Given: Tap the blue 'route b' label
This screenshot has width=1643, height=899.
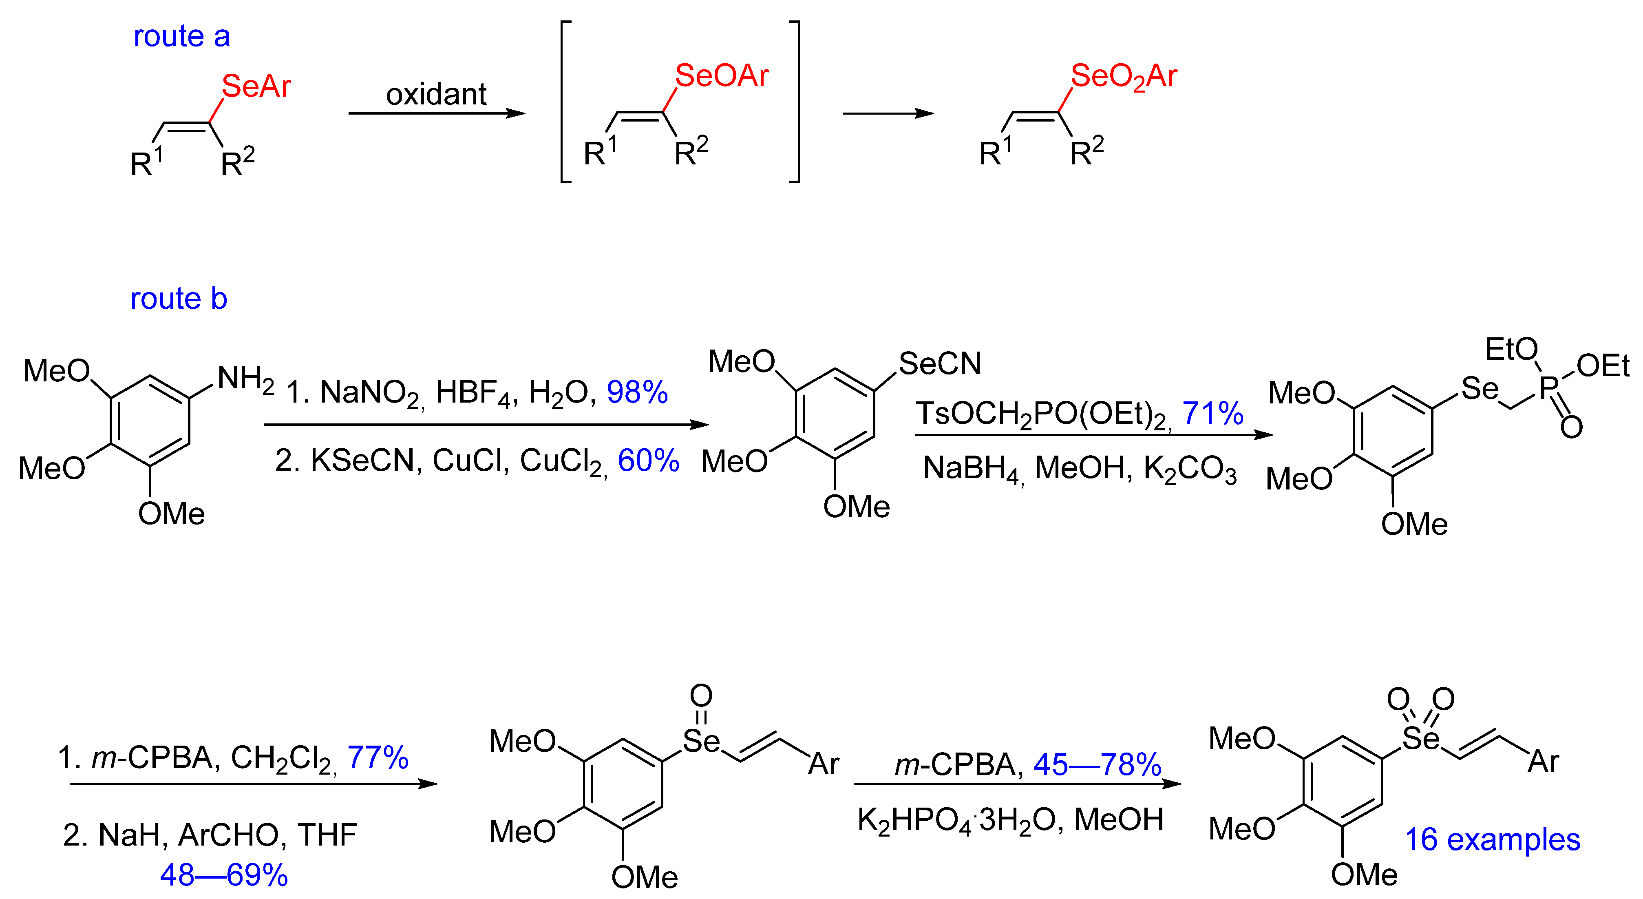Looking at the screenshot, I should (179, 299).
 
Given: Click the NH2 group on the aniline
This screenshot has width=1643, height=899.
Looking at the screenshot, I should (245, 379).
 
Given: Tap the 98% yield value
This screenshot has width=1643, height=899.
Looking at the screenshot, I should (636, 392).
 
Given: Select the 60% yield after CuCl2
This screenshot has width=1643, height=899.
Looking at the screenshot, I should (648, 461).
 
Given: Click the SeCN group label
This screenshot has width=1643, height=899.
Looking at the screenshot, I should (939, 364).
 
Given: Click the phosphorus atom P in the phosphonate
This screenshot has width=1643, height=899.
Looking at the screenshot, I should (1548, 387).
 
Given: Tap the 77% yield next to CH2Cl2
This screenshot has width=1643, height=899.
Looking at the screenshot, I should (378, 758).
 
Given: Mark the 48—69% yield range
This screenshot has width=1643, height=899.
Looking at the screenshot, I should (224, 875).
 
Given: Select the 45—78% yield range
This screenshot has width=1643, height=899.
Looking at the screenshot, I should (1097, 764).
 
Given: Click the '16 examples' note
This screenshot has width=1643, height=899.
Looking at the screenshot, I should (1493, 840).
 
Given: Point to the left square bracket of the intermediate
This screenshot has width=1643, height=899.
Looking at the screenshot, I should (565, 102).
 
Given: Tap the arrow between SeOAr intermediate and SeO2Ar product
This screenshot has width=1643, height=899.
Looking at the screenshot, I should (888, 113).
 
